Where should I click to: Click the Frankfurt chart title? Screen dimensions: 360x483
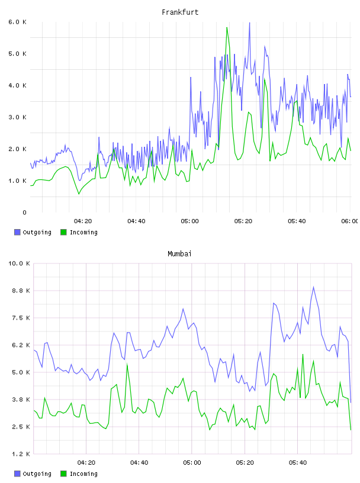click(180, 12)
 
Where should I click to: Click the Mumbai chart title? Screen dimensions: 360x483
click(179, 254)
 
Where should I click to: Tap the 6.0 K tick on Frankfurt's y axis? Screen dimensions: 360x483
click(18, 22)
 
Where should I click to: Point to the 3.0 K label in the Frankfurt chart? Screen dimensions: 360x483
click(18, 117)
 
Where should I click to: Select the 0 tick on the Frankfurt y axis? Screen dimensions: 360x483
click(24, 212)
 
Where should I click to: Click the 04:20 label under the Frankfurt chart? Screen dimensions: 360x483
click(83, 221)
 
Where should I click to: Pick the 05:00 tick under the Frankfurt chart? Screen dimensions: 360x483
click(190, 221)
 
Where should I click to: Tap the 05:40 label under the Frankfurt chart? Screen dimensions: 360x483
click(297, 221)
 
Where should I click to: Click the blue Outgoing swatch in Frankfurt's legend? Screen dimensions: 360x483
click(17, 232)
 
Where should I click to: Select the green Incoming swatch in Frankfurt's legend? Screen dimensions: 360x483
click(63, 232)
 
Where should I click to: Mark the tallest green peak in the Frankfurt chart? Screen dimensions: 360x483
click(227, 27)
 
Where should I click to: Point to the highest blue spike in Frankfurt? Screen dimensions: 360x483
click(249, 22)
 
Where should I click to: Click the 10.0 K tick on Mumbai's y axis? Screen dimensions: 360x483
click(20, 263)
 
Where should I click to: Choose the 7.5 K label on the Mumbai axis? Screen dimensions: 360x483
click(21, 318)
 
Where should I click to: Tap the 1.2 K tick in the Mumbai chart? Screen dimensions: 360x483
click(21, 454)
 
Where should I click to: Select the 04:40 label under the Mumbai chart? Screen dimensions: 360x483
click(139, 462)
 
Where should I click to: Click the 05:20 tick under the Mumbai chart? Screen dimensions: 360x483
click(245, 462)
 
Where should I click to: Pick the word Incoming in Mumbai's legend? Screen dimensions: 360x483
click(83, 474)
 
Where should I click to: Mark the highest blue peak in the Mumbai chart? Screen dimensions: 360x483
click(313, 287)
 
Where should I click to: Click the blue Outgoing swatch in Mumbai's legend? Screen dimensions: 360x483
click(17, 474)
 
